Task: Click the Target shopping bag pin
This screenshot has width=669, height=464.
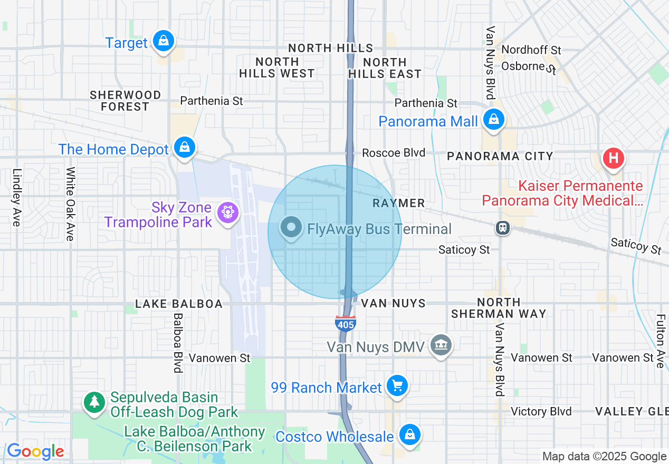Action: coord(164,41)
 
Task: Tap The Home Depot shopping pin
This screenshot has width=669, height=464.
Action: coord(185,148)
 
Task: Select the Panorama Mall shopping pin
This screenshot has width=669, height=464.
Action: coord(494,120)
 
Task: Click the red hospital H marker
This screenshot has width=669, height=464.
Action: coord(613,158)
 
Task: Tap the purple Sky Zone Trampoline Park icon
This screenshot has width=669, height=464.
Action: coord(228,212)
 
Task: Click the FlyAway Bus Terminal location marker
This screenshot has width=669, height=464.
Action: coord(291,228)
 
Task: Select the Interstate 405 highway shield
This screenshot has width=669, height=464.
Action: coord(345,323)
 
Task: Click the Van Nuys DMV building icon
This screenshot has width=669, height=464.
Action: coord(441,345)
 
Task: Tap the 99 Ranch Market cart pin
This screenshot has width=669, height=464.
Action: coord(397,386)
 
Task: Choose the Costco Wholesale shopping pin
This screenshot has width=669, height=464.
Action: coord(409,434)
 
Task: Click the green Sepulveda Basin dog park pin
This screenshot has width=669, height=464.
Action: coord(94,402)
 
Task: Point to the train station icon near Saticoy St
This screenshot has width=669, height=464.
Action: coord(503,227)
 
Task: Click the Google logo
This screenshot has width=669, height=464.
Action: coord(35,451)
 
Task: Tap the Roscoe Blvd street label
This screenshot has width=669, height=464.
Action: coord(394,153)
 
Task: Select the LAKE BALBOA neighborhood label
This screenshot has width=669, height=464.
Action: coord(179,304)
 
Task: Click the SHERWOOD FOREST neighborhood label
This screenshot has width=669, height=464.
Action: coord(126,101)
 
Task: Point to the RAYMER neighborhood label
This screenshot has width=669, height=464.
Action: coord(398,203)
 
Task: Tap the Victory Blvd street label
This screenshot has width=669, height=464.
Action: coord(541,411)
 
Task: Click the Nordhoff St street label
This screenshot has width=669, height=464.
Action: coord(531,50)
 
